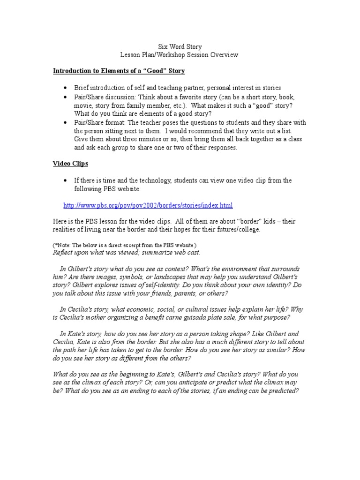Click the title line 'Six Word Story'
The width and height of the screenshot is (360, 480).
[x=180, y=47]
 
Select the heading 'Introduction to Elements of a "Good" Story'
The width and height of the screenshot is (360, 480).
[x=119, y=71]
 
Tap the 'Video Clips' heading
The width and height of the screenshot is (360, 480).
[x=70, y=164]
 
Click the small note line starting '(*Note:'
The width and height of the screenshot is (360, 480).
[x=124, y=245]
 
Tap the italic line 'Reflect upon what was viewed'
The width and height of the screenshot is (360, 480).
[x=126, y=252]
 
